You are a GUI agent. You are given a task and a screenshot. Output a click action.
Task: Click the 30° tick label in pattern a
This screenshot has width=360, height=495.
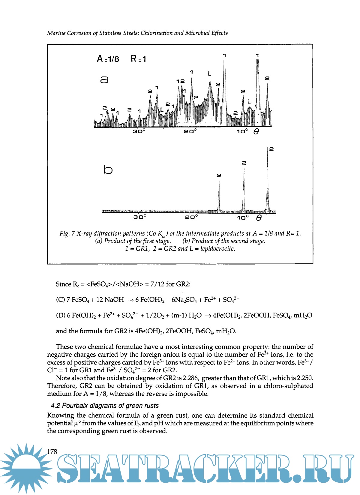coord(139,131)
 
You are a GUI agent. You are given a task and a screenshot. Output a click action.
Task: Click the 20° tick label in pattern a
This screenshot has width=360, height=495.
coord(190,131)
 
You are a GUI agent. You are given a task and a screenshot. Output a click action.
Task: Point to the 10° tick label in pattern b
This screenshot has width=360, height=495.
coord(243,217)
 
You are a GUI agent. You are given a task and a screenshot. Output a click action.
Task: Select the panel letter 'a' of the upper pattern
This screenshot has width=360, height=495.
coord(104,79)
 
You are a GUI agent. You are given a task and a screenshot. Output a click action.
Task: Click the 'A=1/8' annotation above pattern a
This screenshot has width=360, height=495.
coord(108,59)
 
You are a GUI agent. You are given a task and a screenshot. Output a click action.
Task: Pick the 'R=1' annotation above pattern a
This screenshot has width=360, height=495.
coord(138,59)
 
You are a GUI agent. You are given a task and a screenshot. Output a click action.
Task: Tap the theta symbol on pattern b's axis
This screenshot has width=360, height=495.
coord(259,218)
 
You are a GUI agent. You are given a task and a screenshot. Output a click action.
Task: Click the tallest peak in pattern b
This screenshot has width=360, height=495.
coord(268,180)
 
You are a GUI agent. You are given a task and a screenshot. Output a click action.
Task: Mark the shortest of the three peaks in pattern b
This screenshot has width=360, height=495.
coord(219,195)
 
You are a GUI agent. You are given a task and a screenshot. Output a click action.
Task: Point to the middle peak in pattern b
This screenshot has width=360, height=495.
coord(244,189)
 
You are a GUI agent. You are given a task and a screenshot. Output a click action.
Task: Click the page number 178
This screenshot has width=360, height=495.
coord(52,451)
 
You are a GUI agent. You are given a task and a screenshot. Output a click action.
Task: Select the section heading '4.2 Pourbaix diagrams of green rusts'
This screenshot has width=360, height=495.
coord(105,406)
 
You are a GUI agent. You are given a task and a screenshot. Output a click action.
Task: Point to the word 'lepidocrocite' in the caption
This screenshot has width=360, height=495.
coord(217,249)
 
